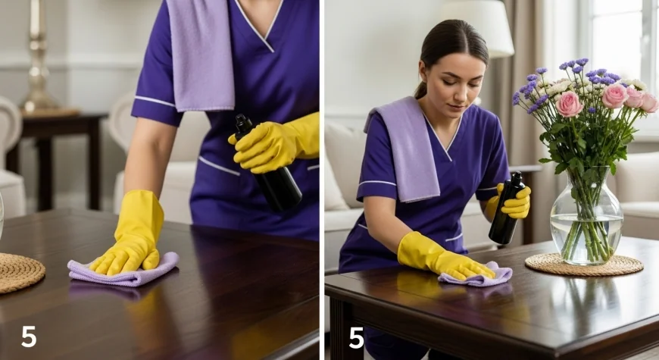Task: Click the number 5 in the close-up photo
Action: tap(29, 337)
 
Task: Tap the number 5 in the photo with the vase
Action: tap(356, 338)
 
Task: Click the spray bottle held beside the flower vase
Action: tap(507, 208)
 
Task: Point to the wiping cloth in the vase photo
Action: tap(477, 275)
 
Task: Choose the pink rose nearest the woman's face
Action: tap(569, 104)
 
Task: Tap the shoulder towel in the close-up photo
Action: tap(201, 55)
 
